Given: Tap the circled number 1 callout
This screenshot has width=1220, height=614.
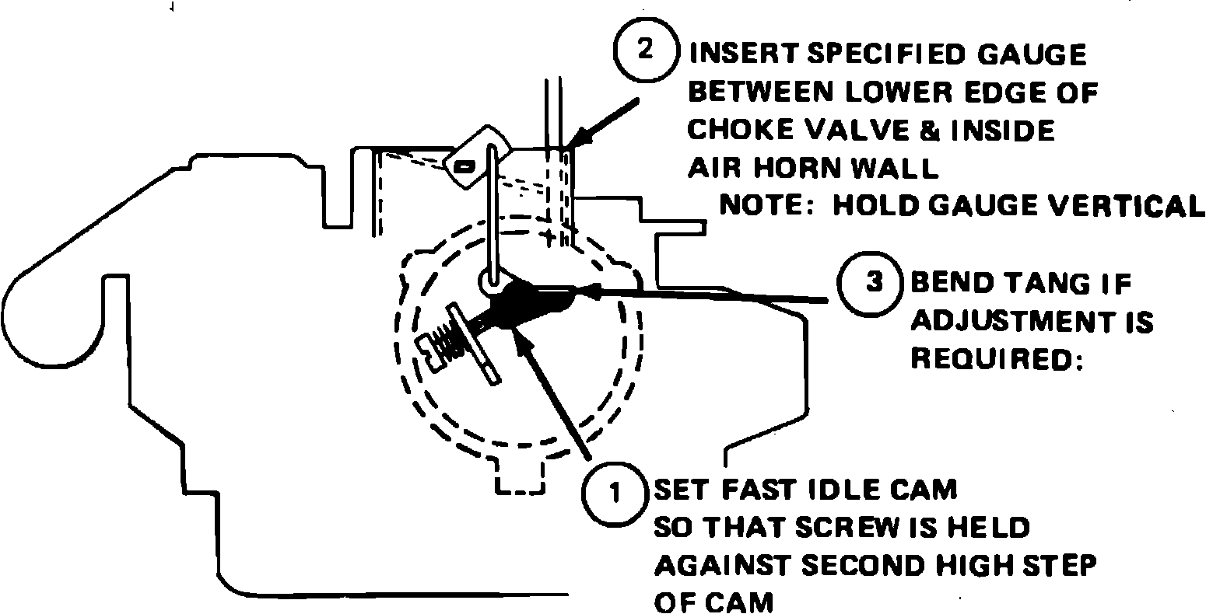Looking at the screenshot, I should (x=615, y=493).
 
